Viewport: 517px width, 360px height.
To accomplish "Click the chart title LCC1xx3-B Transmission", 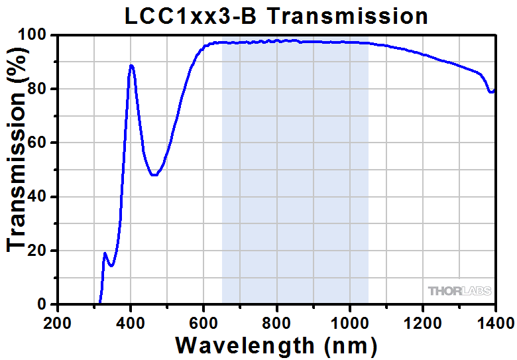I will pos(276,16).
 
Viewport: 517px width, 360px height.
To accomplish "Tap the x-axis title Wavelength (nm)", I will pos(276,345).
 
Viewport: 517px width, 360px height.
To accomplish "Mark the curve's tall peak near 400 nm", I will pos(131,66).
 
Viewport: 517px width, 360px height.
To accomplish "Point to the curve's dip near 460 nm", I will pos(154,175).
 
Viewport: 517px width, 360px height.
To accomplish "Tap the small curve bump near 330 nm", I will pos(105,253).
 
